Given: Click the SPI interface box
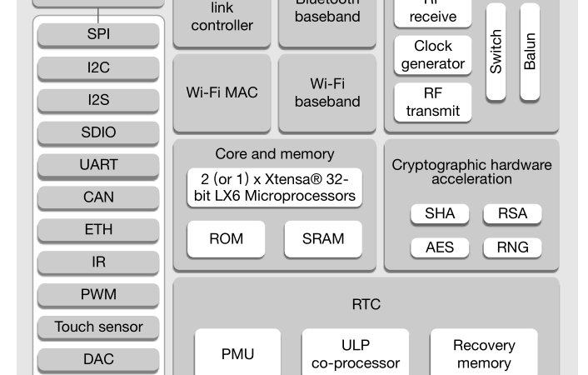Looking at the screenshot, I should (98, 35).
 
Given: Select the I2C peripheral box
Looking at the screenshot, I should (98, 67).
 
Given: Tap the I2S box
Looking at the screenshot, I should (98, 100).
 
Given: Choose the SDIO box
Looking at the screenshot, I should (98, 132).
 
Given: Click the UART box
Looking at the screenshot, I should (98, 165).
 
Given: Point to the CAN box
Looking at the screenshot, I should (98, 197).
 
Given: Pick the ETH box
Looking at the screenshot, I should (98, 230).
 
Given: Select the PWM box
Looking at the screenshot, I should (98, 294).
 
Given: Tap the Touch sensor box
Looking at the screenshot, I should (98, 327).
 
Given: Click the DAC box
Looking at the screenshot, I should (98, 359).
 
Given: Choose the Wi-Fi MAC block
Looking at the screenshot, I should (222, 92).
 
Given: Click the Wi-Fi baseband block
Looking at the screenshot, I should (327, 92).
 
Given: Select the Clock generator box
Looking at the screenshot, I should (433, 55).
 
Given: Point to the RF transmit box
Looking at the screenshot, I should (433, 102).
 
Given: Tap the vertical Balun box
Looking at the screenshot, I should (530, 52).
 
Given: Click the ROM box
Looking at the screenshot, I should (226, 239).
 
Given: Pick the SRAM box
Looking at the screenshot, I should (323, 239).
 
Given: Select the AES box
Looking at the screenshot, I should (440, 247).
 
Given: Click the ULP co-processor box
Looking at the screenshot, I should (356, 354).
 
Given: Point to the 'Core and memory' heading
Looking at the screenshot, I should (274, 154).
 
